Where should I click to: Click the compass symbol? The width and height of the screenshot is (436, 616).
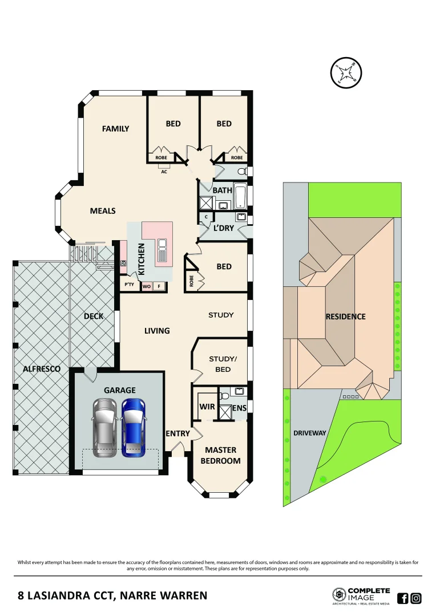(346, 73)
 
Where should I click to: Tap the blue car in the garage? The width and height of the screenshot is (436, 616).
(133, 428)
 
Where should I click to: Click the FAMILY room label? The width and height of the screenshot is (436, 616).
(115, 129)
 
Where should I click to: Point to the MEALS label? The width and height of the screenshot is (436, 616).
(103, 211)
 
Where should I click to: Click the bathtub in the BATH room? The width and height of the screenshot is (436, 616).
(240, 197)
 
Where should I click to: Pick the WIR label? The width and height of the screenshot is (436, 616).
(207, 407)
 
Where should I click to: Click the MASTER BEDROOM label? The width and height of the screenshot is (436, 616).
(220, 455)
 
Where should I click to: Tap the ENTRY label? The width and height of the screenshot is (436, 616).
(177, 434)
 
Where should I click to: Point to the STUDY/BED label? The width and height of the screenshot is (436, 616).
(223, 364)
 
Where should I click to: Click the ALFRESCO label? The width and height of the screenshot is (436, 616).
(42, 369)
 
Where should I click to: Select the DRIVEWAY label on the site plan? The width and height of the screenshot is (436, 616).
(309, 433)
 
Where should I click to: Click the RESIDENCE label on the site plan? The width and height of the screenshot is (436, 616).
(345, 317)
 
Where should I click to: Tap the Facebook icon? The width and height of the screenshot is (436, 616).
(402, 598)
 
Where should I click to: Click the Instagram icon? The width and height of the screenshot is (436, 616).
(416, 598)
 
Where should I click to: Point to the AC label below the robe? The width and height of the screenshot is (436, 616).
(164, 171)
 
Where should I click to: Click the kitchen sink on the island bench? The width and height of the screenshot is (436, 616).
(163, 245)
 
